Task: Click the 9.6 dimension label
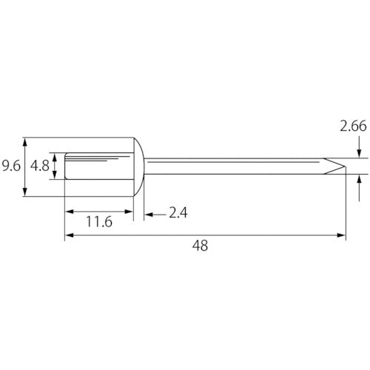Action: tap(11, 166)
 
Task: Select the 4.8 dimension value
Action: tap(40, 166)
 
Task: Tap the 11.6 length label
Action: tap(99, 221)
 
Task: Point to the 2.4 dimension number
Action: tap(178, 212)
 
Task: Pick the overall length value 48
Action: tap(200, 246)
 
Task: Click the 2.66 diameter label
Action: tap(353, 126)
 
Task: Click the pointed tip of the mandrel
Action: tap(345, 166)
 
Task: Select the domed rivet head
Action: tap(139, 166)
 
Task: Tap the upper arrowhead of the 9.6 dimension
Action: tap(24, 142)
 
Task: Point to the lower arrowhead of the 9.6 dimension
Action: tap(24, 192)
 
